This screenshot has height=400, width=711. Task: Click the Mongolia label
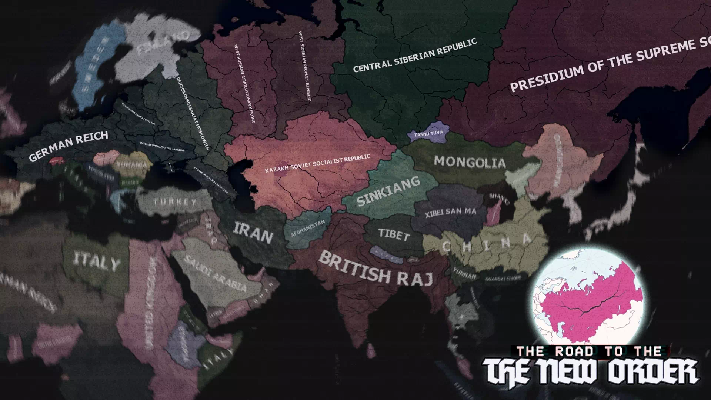(x=470, y=162)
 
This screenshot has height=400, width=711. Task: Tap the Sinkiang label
(x=388, y=191)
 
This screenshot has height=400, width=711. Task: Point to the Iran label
(x=253, y=233)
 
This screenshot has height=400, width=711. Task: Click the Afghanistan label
(x=308, y=229)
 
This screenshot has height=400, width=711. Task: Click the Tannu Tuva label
(x=428, y=133)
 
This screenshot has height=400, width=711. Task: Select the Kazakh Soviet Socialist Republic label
(x=317, y=164)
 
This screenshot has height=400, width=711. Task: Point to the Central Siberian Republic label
(x=415, y=56)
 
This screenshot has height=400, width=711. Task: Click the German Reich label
(x=69, y=145)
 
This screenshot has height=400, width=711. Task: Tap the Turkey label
(x=175, y=202)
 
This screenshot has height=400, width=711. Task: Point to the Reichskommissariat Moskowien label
(x=193, y=113)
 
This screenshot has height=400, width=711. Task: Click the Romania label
(x=131, y=165)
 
